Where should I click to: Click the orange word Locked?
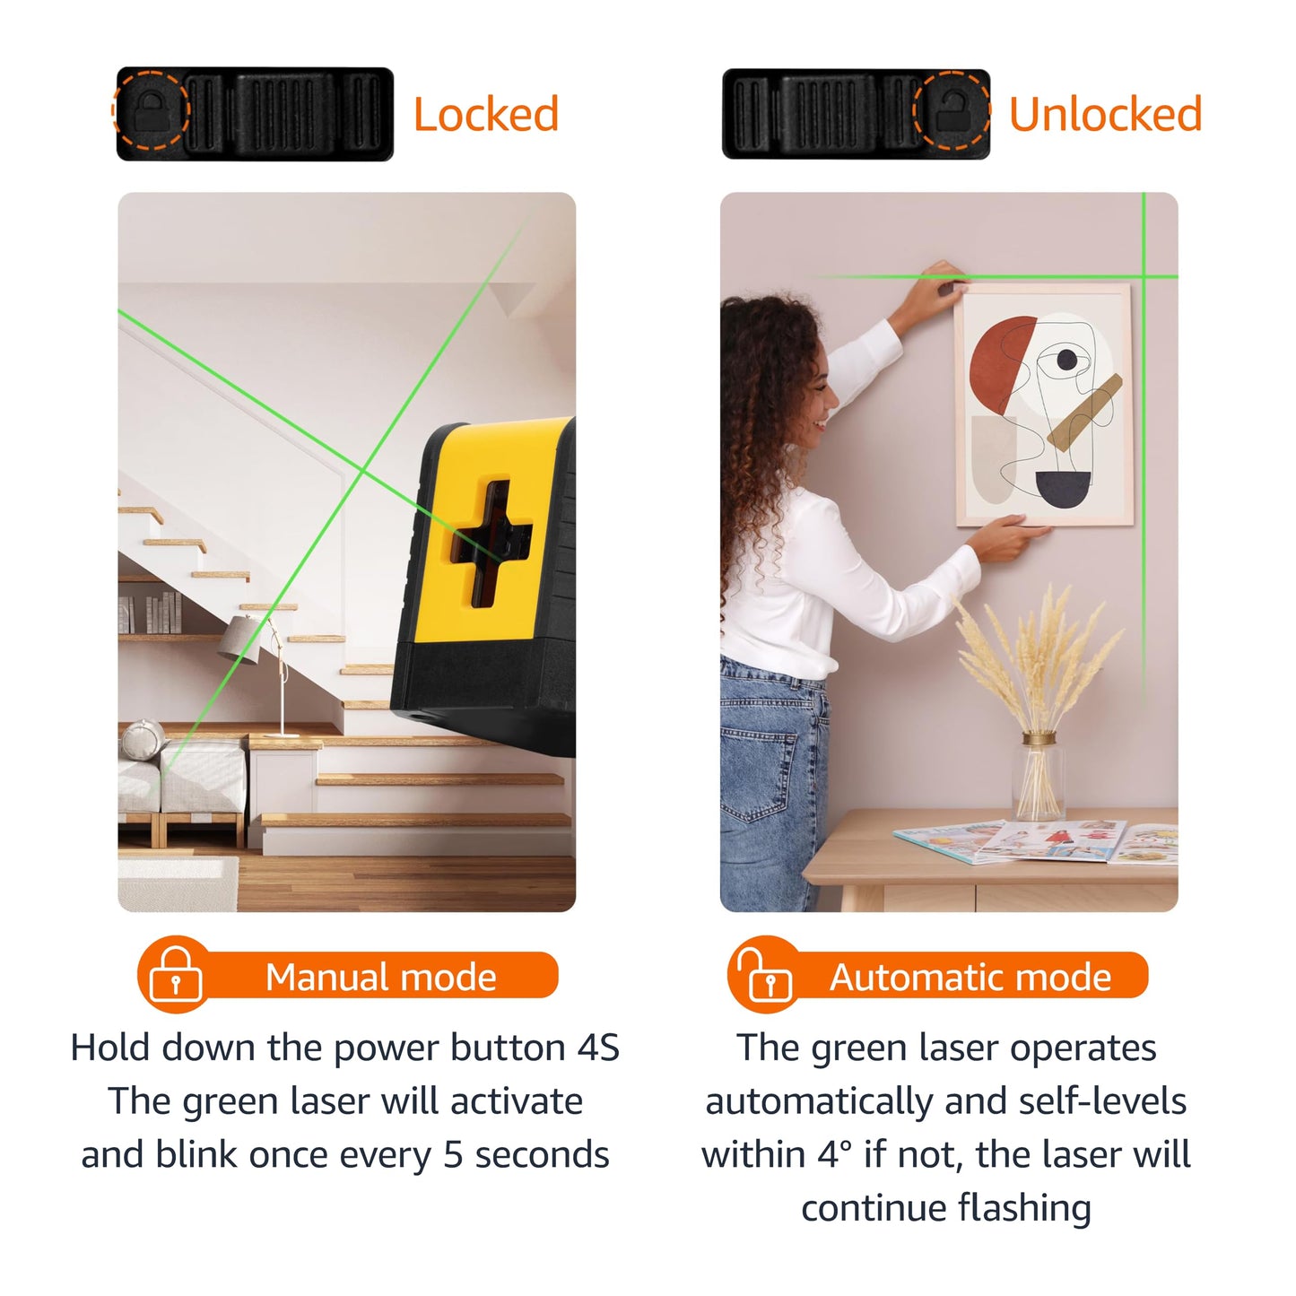click(x=485, y=114)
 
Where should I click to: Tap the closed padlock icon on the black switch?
click(x=152, y=109)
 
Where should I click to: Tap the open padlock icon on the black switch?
click(x=952, y=109)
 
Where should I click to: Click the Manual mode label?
click(x=380, y=978)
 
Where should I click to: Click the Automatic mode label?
click(x=970, y=978)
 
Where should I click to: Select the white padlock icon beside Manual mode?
click(x=176, y=975)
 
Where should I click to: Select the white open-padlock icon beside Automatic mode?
click(x=765, y=975)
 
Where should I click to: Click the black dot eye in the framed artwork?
click(x=1066, y=360)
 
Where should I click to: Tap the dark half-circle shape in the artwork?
click(x=1063, y=489)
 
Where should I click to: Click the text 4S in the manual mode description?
click(x=598, y=1048)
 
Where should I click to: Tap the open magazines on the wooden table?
click(x=1036, y=841)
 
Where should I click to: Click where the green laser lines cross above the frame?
click(x=1144, y=276)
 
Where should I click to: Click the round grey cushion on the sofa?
click(x=143, y=740)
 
